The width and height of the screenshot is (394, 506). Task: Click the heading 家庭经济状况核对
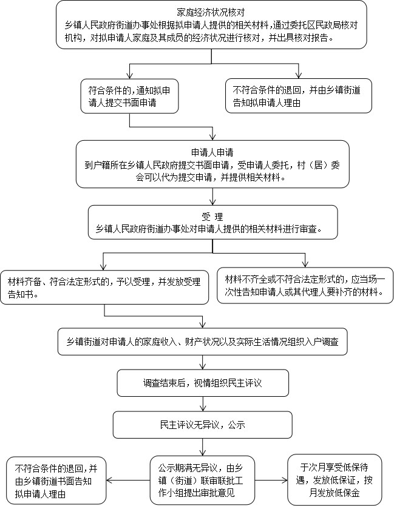pyautogui.click(x=211, y=12)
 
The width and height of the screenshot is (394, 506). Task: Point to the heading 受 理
pyautogui.click(x=212, y=217)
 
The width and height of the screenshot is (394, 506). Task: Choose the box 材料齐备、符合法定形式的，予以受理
pyautogui.click(x=104, y=287)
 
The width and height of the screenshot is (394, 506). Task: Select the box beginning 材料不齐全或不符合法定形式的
pyautogui.click(x=305, y=286)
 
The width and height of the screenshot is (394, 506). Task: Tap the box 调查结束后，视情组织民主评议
pyautogui.click(x=203, y=383)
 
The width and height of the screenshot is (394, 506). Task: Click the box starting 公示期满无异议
pyautogui.click(x=203, y=479)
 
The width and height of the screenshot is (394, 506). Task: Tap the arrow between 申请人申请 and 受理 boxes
pyautogui.click(x=212, y=196)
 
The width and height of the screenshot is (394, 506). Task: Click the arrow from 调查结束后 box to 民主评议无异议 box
pyautogui.click(x=203, y=403)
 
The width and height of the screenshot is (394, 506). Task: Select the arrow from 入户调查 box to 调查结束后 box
pyautogui.click(x=203, y=362)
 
